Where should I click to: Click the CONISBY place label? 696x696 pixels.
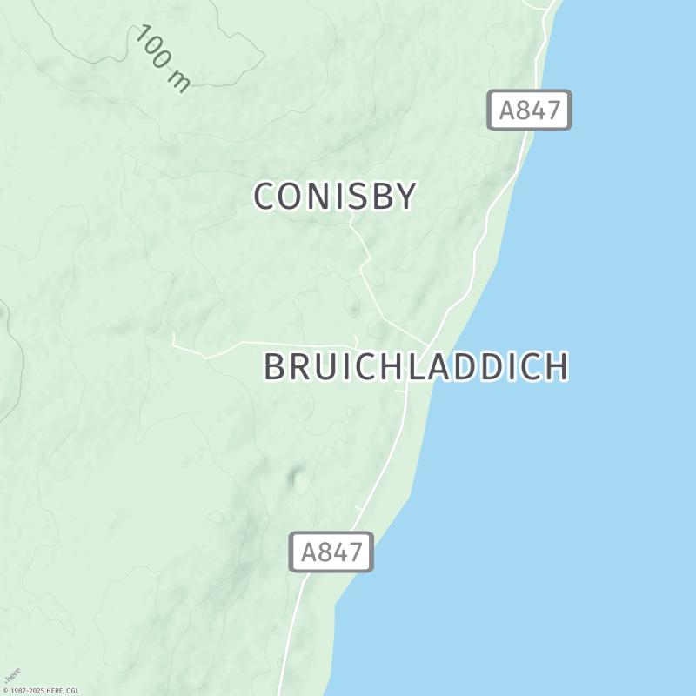(x=335, y=197)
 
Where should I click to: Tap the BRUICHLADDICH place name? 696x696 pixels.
(x=416, y=367)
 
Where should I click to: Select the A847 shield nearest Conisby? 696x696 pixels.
(x=529, y=110)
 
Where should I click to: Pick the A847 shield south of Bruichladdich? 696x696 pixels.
(x=331, y=552)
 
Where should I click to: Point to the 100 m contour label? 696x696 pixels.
(x=163, y=58)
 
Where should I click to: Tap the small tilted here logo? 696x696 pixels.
(x=11, y=675)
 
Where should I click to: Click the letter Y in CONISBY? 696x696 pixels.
(x=405, y=197)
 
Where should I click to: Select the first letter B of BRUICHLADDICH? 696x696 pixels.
(x=275, y=367)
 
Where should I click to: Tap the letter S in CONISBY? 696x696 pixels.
(x=358, y=197)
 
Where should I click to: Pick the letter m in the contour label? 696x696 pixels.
(x=179, y=81)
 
